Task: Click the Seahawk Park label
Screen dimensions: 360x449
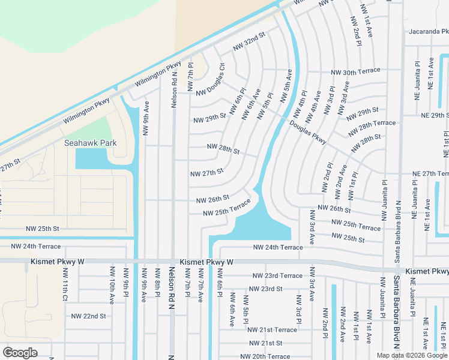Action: [91, 143]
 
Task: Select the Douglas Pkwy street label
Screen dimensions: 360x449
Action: [307, 132]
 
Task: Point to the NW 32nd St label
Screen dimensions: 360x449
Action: [249, 41]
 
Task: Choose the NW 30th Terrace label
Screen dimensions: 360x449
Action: [355, 71]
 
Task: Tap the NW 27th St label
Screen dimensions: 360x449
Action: [206, 173]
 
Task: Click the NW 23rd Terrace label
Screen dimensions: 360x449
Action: [277, 275]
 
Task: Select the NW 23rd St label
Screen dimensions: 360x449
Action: [264, 289]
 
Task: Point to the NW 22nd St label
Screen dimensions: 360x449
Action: [88, 316]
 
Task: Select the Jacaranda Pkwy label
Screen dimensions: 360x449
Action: [428, 31]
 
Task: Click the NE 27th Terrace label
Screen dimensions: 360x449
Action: [430, 173]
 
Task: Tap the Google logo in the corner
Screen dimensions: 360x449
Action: [20, 353]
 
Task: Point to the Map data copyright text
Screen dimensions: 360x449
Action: [412, 355]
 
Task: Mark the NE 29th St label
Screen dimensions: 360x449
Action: [435, 115]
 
